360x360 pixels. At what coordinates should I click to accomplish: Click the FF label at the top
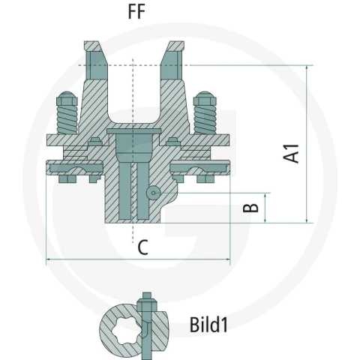click(x=136, y=11)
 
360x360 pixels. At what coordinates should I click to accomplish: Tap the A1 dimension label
click(x=291, y=154)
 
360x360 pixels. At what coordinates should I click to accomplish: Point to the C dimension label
click(x=142, y=247)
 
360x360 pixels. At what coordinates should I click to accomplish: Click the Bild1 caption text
click(x=208, y=325)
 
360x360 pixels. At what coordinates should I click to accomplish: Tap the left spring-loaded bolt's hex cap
click(x=67, y=98)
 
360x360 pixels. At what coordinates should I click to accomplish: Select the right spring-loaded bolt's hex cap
click(x=205, y=98)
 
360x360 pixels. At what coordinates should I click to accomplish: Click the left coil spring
click(x=67, y=119)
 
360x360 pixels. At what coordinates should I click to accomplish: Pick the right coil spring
click(x=205, y=119)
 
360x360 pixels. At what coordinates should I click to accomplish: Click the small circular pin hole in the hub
click(x=154, y=193)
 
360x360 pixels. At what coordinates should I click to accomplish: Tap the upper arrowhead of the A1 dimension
click(x=307, y=68)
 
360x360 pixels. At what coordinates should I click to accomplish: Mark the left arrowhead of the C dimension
click(x=49, y=259)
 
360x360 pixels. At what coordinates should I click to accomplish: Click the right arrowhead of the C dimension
click(x=227, y=259)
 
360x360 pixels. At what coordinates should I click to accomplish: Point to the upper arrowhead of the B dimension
click(x=265, y=196)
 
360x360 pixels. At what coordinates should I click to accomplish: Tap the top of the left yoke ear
click(x=93, y=46)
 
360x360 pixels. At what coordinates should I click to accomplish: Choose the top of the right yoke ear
click(x=175, y=46)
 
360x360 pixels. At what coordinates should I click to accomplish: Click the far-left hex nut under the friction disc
click(x=67, y=179)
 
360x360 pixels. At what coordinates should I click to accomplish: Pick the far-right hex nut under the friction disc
click(x=205, y=179)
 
